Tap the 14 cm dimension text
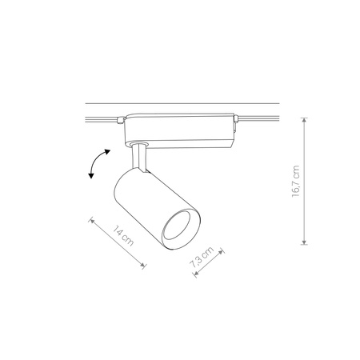click(120, 238)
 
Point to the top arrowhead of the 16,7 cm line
click(304, 118)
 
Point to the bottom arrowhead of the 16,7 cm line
click(304, 243)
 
